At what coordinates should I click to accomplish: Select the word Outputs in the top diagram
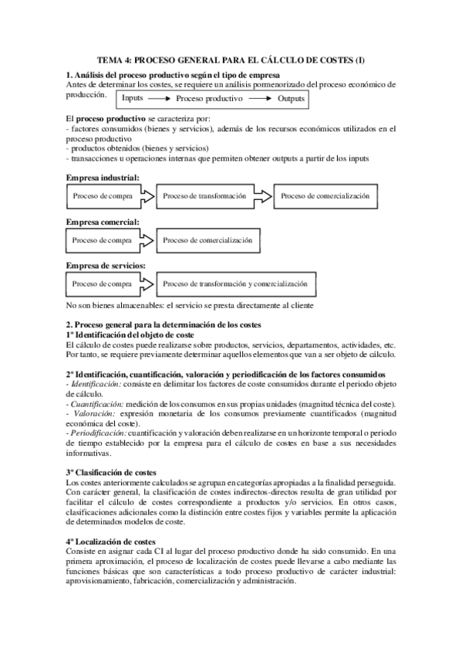(291, 100)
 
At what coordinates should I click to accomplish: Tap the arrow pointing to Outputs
(260, 100)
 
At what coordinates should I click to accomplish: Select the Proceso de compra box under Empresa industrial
(103, 196)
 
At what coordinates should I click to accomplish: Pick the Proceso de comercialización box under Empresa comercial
(207, 240)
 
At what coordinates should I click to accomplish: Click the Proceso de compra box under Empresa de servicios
(103, 283)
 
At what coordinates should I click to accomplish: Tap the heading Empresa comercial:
(103, 222)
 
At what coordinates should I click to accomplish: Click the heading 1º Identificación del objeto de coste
(130, 335)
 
